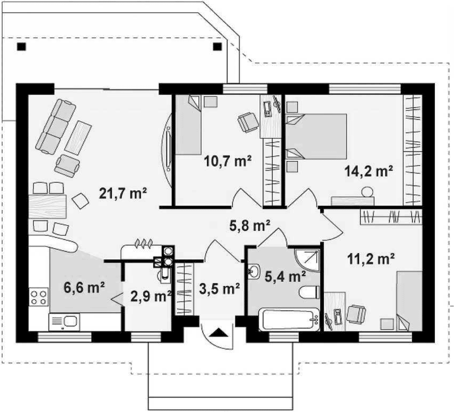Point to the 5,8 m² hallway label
pos(250,226)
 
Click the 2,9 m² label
pos(151,297)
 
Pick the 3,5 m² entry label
pos(219,289)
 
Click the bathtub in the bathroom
pos(289,320)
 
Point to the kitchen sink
pos(64,322)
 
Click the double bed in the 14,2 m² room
pos(317,136)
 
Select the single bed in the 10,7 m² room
pos(188,125)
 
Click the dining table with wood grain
pos(47,206)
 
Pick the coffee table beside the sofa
pos(78,138)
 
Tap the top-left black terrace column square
pos(22,47)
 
